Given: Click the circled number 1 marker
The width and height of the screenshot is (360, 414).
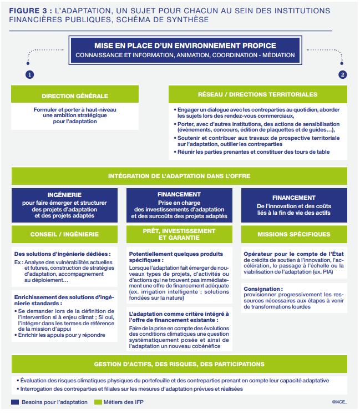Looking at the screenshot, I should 29,74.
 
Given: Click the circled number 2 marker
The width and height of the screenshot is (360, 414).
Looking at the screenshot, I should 343,74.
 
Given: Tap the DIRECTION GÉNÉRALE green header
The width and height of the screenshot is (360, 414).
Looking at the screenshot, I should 75,96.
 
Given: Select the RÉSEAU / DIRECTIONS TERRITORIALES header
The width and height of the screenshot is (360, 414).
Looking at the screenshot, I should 258,95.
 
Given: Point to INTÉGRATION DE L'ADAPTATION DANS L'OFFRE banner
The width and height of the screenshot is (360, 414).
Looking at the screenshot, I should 179,176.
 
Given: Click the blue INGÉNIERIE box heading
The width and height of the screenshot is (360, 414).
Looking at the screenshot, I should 65,195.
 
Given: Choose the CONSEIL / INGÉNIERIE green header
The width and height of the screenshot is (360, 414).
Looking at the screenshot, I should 65,234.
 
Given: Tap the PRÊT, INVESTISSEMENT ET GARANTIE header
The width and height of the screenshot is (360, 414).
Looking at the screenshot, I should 179,234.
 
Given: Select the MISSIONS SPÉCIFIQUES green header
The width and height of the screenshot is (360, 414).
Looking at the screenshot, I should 294,234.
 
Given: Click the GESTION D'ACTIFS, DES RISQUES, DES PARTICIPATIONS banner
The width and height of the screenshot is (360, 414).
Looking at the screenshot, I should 179,364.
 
